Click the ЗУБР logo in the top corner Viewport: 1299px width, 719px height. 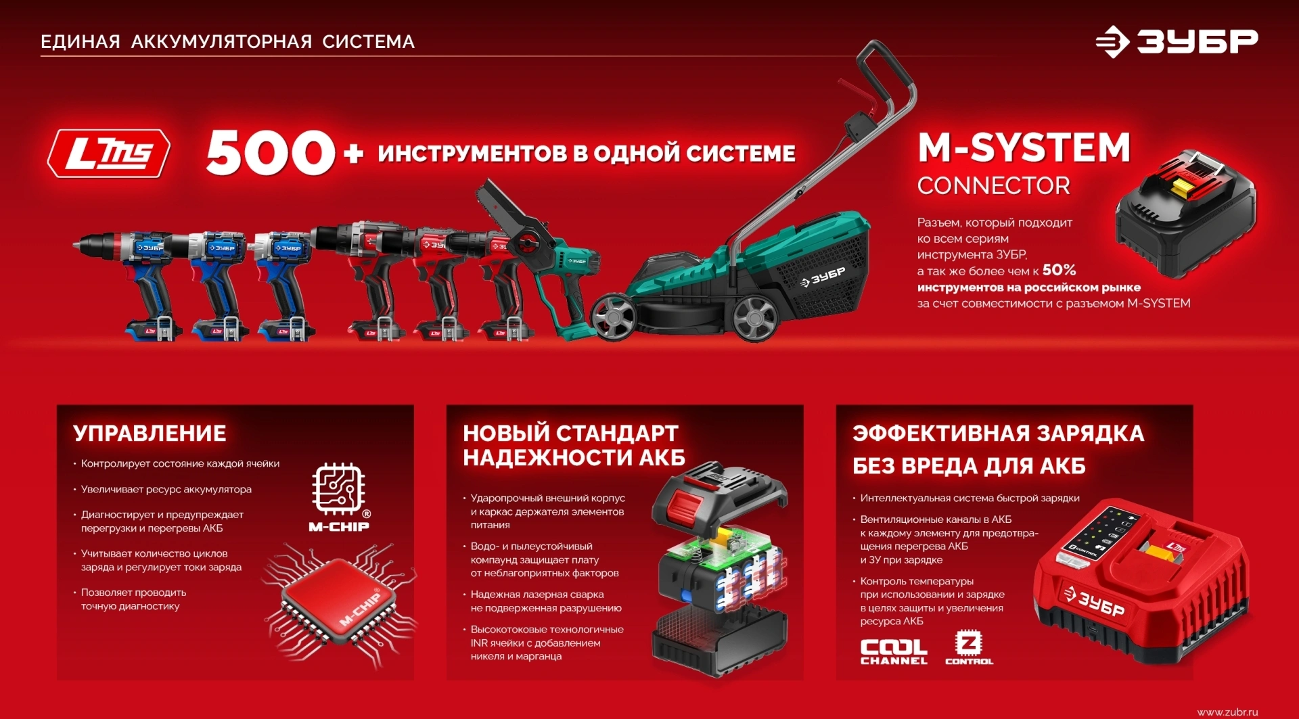tap(1177, 42)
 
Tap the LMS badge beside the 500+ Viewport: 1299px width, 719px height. tap(109, 154)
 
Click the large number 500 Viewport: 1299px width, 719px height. tap(271, 152)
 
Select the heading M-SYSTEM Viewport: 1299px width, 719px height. tap(1024, 147)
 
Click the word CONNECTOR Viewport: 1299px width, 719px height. tap(993, 186)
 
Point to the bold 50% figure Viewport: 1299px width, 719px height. tap(1059, 270)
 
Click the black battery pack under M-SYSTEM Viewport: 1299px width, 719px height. tap(1185, 214)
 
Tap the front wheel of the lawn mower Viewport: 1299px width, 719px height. tap(613, 315)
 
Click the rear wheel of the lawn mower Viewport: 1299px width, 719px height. tap(755, 317)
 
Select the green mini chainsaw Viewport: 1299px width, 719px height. tap(541, 260)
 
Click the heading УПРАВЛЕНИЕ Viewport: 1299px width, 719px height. tap(150, 433)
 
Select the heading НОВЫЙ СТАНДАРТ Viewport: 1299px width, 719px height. tap(570, 433)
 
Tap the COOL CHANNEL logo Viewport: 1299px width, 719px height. tap(894, 651)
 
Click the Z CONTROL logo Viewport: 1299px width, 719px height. tap(969, 648)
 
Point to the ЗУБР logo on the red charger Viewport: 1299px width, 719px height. tap(1094, 601)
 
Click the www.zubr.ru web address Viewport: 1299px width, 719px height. tap(1227, 712)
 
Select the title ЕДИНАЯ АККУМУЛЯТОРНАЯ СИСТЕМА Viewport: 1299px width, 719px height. tap(227, 42)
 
